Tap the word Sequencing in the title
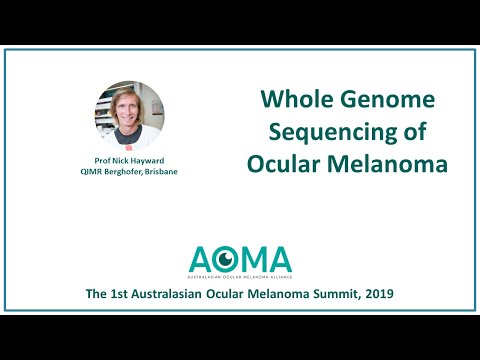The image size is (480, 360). click(324, 130)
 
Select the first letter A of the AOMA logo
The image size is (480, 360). click(202, 259)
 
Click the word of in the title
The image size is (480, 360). click(403, 130)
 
